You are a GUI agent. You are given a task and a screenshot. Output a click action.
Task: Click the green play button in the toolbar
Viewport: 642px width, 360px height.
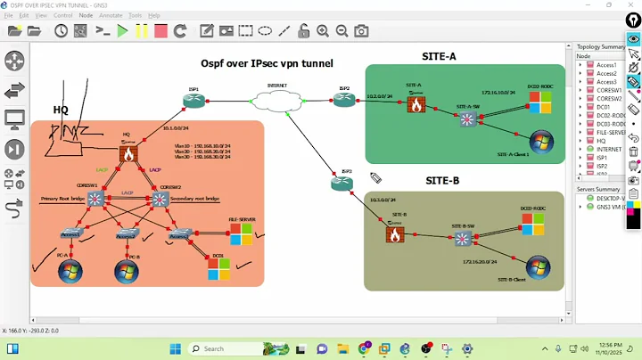click(122, 31)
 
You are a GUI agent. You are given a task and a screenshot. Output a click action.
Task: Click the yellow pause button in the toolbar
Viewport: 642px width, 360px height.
click(142, 31)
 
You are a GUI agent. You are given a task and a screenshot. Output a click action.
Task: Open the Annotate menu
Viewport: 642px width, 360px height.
click(111, 15)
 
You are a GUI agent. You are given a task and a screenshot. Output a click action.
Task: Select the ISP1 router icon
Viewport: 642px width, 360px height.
click(194, 100)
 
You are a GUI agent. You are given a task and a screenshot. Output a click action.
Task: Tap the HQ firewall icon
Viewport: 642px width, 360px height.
click(128, 153)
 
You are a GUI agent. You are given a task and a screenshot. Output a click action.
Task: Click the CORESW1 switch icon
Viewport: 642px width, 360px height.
click(96, 200)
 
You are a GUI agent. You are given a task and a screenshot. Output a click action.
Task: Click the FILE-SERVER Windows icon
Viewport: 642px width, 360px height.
click(241, 233)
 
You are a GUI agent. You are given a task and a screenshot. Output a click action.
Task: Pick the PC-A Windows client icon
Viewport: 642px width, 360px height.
click(70, 272)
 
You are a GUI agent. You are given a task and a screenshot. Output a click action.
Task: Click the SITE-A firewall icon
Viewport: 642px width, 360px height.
click(416, 104)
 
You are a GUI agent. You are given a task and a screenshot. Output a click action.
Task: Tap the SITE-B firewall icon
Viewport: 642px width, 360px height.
click(394, 234)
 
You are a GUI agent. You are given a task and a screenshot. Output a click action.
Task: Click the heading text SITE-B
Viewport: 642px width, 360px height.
click(442, 181)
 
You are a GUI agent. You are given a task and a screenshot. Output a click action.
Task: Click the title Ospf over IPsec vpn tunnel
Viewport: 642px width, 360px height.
click(267, 63)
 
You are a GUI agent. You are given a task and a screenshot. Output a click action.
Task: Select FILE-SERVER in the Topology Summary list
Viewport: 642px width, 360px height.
click(610, 132)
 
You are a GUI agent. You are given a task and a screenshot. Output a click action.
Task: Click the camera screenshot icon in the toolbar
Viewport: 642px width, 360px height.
click(361, 31)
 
